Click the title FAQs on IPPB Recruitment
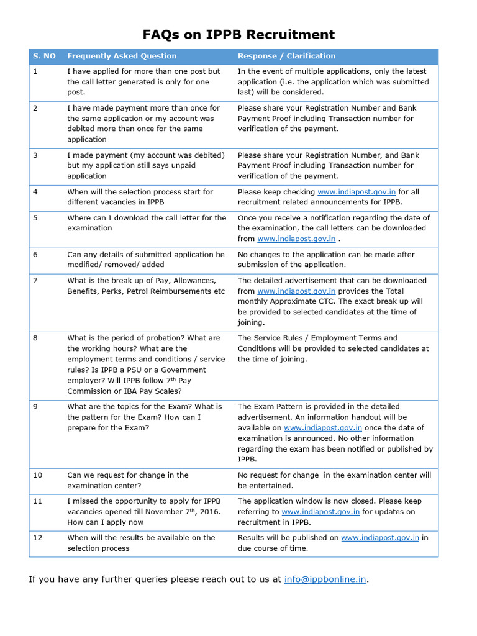[x=238, y=34]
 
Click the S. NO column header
[x=44, y=56]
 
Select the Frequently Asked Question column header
[x=122, y=56]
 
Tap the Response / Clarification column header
[x=286, y=56]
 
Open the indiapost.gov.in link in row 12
[x=380, y=538]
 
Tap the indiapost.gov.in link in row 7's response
[x=296, y=291]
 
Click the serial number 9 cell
[x=35, y=407]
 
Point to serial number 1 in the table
[x=35, y=71]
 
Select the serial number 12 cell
[x=38, y=538]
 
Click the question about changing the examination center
[x=128, y=480]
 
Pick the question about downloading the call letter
[x=147, y=223]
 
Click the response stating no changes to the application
[x=326, y=260]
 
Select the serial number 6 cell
[x=35, y=255]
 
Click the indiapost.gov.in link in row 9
[x=323, y=428]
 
